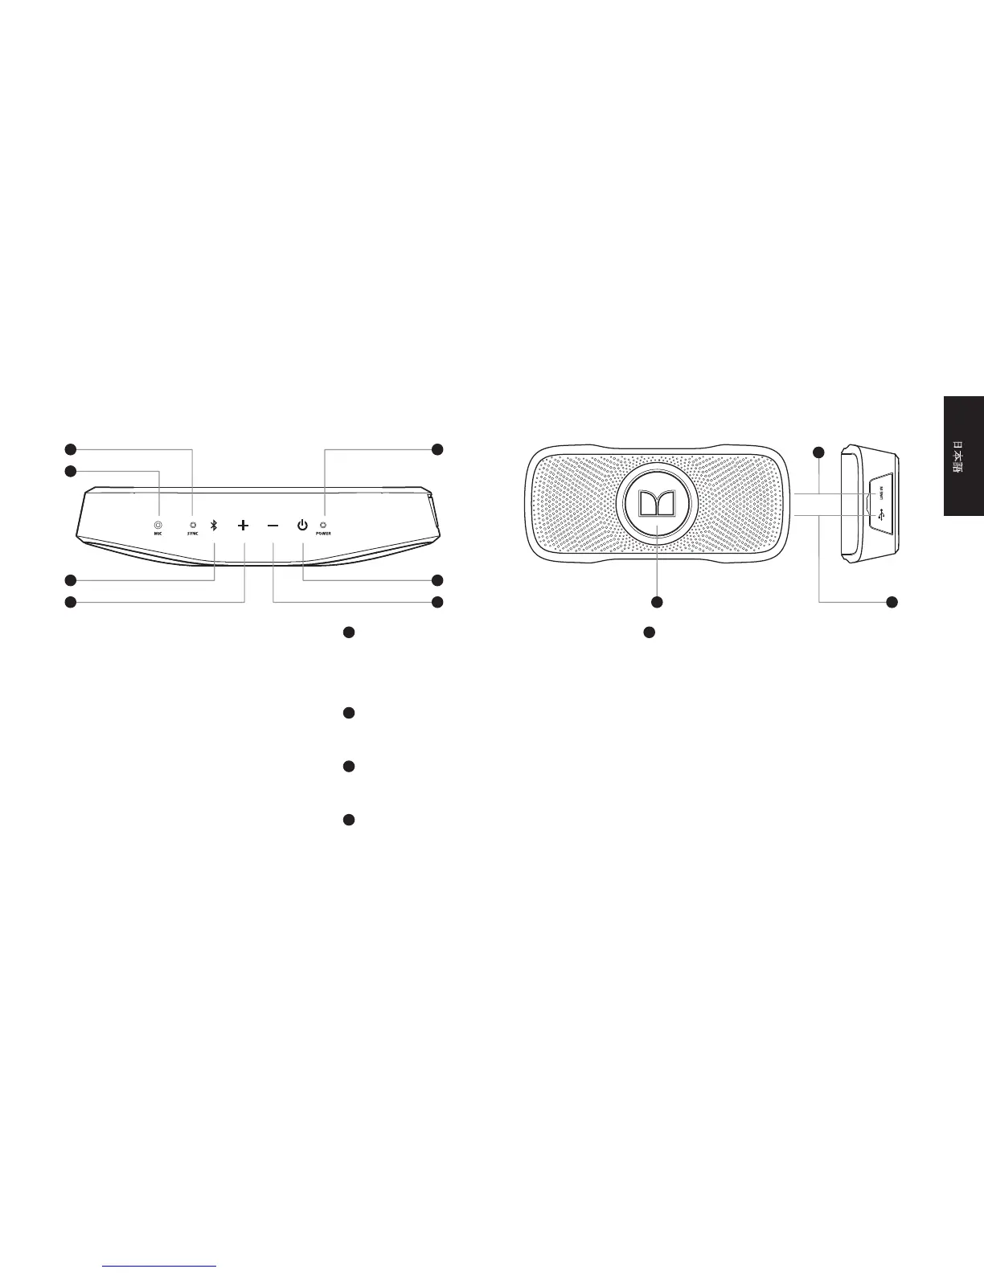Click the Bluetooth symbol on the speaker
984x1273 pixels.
pyautogui.click(x=214, y=526)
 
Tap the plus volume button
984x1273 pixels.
pyautogui.click(x=244, y=526)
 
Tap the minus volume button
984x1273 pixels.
pyautogui.click(x=273, y=526)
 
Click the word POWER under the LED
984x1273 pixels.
pyautogui.click(x=323, y=534)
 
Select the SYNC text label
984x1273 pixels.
pyautogui.click(x=192, y=534)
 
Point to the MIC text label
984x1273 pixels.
pyautogui.click(x=158, y=534)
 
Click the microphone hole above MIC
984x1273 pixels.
pyautogui.click(x=158, y=525)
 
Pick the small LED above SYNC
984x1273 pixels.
pyautogui.click(x=192, y=525)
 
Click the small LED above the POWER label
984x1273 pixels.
pyautogui.click(x=323, y=525)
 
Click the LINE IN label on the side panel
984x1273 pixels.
pyautogui.click(x=882, y=491)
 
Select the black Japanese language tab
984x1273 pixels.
pyautogui.click(x=964, y=456)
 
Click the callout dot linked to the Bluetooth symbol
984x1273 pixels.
pyautogui.click(x=71, y=579)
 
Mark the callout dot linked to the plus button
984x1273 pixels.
pyautogui.click(x=71, y=602)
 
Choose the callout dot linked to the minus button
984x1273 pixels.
pyautogui.click(x=437, y=602)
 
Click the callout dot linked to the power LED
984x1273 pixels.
pyautogui.click(x=437, y=449)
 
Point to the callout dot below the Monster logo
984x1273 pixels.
pyautogui.click(x=657, y=602)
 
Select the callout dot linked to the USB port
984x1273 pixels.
pyautogui.click(x=892, y=602)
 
